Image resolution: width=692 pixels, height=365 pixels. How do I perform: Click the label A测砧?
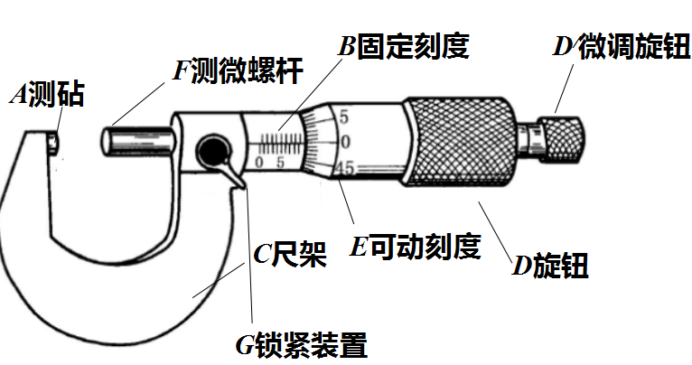[47, 95]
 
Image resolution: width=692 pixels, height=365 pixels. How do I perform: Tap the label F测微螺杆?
[238, 70]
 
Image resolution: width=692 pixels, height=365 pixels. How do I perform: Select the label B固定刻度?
[404, 45]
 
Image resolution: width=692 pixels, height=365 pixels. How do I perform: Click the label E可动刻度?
[416, 247]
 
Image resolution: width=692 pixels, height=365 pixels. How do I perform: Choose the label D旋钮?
[550, 266]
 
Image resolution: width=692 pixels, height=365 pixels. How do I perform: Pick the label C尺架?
[290, 254]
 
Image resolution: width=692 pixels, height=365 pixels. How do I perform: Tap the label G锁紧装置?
[302, 345]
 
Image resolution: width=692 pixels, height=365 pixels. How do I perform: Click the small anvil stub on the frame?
[53, 144]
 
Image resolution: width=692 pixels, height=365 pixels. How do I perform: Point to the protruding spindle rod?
[136, 141]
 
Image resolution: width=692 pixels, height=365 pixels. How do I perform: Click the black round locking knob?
[213, 152]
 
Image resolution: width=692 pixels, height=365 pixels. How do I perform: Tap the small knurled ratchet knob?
[564, 139]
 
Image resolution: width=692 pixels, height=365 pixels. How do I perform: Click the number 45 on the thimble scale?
[345, 168]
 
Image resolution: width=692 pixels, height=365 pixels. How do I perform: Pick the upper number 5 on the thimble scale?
[344, 117]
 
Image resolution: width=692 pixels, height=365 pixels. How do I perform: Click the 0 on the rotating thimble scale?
[345, 142]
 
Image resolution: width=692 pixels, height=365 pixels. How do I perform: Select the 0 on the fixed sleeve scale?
[259, 163]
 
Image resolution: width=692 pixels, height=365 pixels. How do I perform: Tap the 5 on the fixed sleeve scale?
[280, 163]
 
